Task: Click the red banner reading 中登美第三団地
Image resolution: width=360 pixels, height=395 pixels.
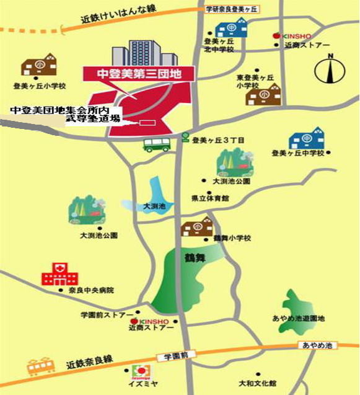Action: (x=138, y=73)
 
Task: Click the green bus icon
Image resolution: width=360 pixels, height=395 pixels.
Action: (x=156, y=145)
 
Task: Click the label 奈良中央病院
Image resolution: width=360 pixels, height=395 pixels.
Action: (x=92, y=290)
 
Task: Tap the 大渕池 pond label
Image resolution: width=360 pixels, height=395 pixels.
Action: (x=154, y=206)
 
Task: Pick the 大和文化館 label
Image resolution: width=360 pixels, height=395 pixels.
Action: (x=261, y=383)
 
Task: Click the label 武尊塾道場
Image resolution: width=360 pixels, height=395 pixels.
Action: (x=93, y=118)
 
